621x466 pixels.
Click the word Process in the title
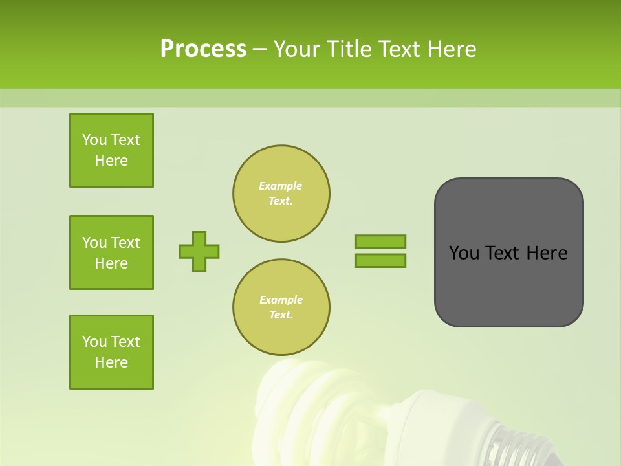pyautogui.click(x=203, y=49)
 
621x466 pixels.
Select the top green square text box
pyautogui.click(x=111, y=150)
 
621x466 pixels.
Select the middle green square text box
pyautogui.click(x=111, y=252)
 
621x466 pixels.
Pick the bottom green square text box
pyautogui.click(x=111, y=352)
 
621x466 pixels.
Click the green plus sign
pyautogui.click(x=199, y=251)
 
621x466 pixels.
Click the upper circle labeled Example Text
pyautogui.click(x=281, y=194)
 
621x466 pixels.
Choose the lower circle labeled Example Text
pyautogui.click(x=281, y=307)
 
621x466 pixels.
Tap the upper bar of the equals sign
pyautogui.click(x=380, y=241)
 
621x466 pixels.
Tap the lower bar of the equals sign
pyautogui.click(x=380, y=260)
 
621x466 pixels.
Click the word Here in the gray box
pyautogui.click(x=547, y=253)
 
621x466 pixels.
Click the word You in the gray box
pyautogui.click(x=463, y=253)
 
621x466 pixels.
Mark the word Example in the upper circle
pyautogui.click(x=280, y=186)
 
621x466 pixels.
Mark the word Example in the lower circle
pyautogui.click(x=281, y=300)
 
